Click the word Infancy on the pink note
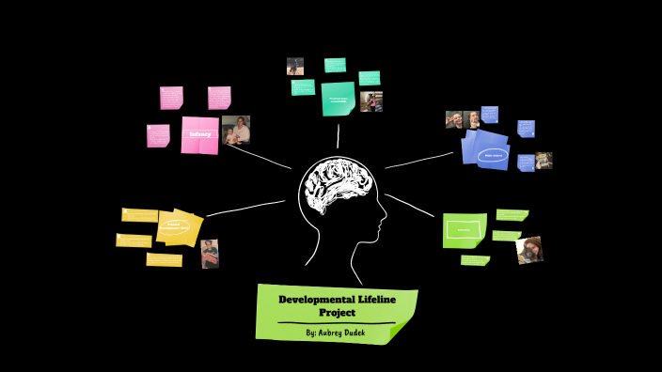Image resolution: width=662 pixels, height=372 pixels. click(x=199, y=134)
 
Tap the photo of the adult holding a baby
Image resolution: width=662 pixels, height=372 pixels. click(x=236, y=130)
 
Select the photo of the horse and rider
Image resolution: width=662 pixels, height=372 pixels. click(x=295, y=66)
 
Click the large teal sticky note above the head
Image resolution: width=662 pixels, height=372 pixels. click(x=338, y=99)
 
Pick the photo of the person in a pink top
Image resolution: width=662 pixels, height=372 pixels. click(x=371, y=101)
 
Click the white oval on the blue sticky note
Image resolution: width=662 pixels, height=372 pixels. click(x=493, y=155)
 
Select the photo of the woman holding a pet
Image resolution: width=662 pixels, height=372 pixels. click(x=529, y=250)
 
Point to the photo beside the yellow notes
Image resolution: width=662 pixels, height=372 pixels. click(x=210, y=254)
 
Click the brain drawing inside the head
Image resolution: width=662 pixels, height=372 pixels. click(x=338, y=188)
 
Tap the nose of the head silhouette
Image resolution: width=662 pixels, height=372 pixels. click(x=383, y=223)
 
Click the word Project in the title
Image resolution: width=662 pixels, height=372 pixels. click(x=336, y=312)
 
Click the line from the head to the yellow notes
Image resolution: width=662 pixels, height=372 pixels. click(x=244, y=208)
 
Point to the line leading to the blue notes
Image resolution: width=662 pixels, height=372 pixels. click(x=418, y=161)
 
